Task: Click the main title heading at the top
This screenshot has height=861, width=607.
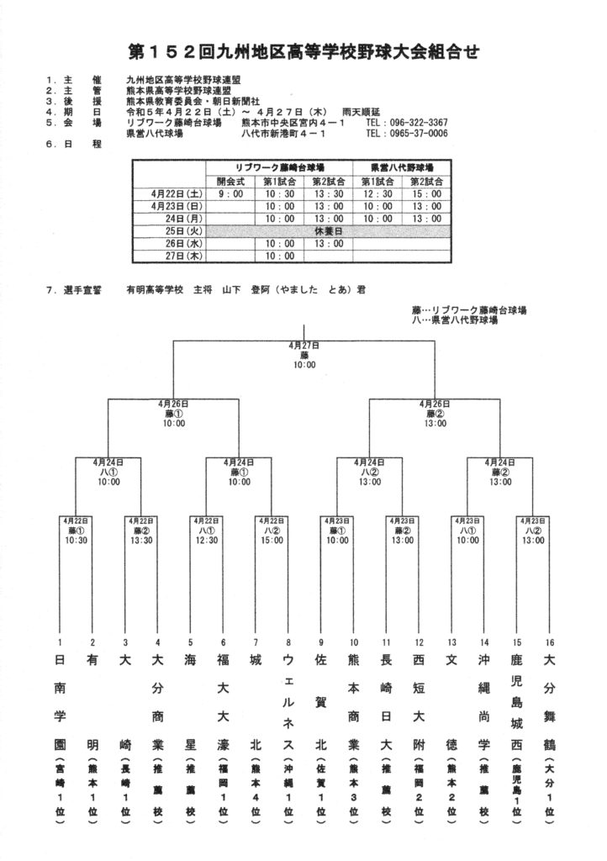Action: pos(303,53)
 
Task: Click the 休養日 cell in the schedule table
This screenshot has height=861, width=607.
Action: pos(329,230)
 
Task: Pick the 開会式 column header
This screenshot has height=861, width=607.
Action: pos(230,181)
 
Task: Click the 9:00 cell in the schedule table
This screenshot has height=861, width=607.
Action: pos(230,193)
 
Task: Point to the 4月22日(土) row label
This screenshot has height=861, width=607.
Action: pos(173,193)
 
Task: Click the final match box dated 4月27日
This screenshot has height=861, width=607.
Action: pos(304,355)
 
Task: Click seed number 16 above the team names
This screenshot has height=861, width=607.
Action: pos(549,642)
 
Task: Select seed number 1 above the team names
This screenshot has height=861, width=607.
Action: pos(61,642)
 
